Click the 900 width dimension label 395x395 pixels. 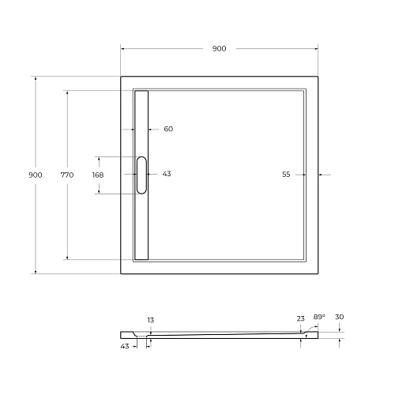(219, 49)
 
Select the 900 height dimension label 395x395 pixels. (34, 175)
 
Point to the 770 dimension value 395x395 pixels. (66, 175)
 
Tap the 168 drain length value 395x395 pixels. (98, 175)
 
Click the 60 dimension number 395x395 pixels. (168, 129)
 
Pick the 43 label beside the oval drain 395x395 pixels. (167, 174)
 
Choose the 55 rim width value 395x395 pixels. (286, 175)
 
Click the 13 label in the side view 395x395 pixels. (150, 320)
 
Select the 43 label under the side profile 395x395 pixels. (125, 347)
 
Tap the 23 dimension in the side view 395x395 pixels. (300, 318)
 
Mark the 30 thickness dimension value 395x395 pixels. (339, 317)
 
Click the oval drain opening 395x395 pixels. (141, 175)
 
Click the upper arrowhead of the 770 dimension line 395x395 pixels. (66, 93)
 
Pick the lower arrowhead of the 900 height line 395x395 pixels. (34, 272)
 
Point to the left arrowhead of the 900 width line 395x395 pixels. (123, 49)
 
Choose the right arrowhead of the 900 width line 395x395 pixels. (318, 49)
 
